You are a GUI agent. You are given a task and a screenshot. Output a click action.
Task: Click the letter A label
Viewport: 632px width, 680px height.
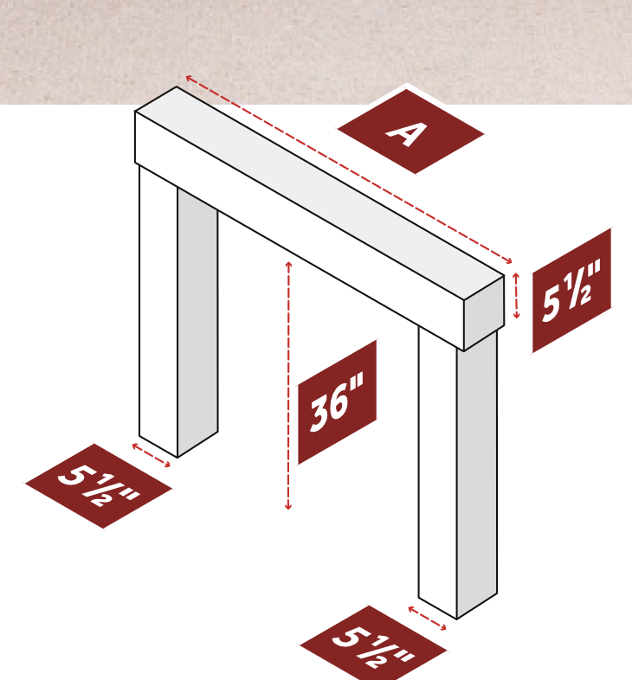point(410,132)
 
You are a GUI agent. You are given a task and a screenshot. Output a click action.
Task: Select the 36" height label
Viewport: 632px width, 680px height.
point(337,402)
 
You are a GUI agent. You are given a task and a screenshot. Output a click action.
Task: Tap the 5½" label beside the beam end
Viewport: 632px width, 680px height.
point(571,291)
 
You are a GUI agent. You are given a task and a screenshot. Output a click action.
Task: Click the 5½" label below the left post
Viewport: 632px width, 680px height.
point(99,485)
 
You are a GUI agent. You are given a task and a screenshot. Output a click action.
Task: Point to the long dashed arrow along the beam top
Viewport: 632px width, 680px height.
point(349,169)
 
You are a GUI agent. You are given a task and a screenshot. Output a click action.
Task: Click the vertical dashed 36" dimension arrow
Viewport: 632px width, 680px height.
point(288,386)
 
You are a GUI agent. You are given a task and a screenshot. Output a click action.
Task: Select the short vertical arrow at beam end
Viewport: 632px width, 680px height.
point(516,296)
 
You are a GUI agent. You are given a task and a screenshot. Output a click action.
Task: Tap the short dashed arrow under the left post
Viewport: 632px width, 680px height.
point(151,455)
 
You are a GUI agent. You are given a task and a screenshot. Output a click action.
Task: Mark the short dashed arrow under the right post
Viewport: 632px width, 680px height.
point(427,619)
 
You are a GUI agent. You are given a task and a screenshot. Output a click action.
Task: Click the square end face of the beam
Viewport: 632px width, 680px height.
point(484,312)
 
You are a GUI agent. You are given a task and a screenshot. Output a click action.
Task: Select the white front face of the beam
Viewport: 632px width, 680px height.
point(299,231)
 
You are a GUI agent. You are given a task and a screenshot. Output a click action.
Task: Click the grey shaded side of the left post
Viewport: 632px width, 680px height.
point(197,322)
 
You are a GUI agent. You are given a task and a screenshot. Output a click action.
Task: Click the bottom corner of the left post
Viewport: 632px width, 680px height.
point(177,457)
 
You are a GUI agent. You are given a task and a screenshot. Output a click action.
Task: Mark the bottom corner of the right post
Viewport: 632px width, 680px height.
point(456,619)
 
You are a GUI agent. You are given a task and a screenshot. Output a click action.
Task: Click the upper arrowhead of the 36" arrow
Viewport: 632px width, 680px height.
point(288,264)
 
